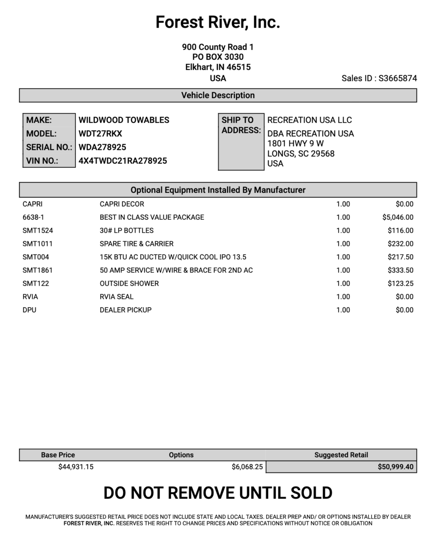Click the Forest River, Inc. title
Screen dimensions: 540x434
tap(218, 22)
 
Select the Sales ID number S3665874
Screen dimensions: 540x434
tap(398, 78)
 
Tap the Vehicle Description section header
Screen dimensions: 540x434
tap(218, 95)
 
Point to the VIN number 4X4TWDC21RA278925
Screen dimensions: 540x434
tap(122, 161)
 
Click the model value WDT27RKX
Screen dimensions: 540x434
tap(100, 134)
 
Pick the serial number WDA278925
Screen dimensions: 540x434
tap(102, 147)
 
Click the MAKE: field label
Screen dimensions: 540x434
tap(39, 120)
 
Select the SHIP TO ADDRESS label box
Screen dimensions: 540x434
tap(241, 141)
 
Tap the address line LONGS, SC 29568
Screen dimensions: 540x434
tap(301, 154)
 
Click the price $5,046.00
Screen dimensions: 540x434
tap(398, 217)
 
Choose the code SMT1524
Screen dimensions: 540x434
tap(38, 231)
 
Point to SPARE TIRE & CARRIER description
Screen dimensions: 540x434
tap(137, 244)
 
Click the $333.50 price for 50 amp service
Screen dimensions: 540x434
tap(401, 270)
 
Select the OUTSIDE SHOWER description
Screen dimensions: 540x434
tap(129, 283)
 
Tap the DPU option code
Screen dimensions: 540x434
tap(30, 310)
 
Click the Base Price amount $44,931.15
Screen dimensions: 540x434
tap(76, 467)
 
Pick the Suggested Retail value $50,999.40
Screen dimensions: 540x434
tap(395, 467)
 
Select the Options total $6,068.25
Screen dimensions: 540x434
tap(247, 467)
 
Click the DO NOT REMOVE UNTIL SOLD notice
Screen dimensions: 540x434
tap(218, 493)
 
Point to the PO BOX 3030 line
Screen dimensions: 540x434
tap(218, 57)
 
